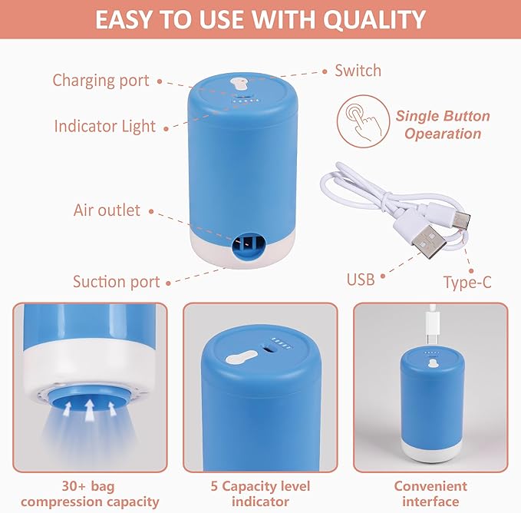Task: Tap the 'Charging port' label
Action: click(101, 80)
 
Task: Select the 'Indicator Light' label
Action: click(104, 126)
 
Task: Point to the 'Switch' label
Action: click(358, 71)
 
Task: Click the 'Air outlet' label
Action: click(107, 210)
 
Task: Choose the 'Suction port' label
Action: click(116, 281)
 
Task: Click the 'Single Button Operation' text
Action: click(443, 125)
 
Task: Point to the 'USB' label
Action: click(361, 279)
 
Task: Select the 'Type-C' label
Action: click(467, 282)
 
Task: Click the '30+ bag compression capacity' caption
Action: click(90, 494)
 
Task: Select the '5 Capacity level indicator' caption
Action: click(260, 494)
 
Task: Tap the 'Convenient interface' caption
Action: click(430, 494)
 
